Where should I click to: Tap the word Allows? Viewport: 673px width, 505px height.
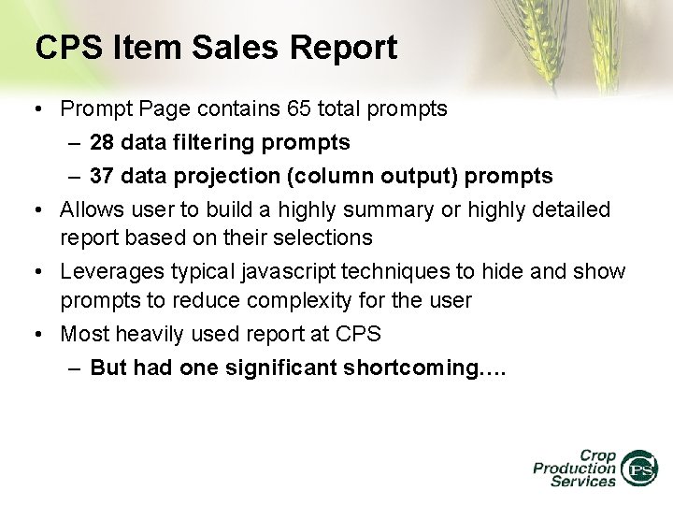pos(91,209)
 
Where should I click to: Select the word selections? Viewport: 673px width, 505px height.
pos(327,238)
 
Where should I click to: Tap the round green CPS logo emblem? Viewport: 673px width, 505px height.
pos(639,467)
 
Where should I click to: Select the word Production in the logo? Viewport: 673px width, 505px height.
pos(574,468)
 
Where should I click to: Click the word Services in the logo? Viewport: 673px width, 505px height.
pos(583,482)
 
